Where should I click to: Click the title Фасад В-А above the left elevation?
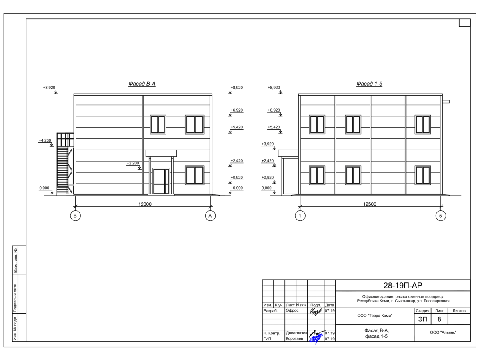pos(142,84)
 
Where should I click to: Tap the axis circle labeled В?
pos(75,216)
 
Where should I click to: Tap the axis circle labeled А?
pos(210,216)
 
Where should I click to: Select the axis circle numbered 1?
pos(300,216)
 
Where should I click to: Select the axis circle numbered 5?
pos(440,216)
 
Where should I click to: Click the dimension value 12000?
pos(145,204)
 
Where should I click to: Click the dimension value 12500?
pos(370,204)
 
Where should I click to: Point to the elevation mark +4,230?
pos(45,140)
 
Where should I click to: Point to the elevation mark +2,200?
pos(133,163)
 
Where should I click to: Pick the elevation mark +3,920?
pos(268,144)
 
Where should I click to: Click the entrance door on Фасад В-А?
pos(161,182)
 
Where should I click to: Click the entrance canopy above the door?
pos(161,153)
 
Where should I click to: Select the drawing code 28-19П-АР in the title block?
pos(402,286)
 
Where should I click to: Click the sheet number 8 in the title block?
pos(440,319)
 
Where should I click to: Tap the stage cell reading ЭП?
pos(422,319)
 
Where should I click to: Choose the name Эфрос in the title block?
pos(292,310)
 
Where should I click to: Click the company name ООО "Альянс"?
pos(443,332)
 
